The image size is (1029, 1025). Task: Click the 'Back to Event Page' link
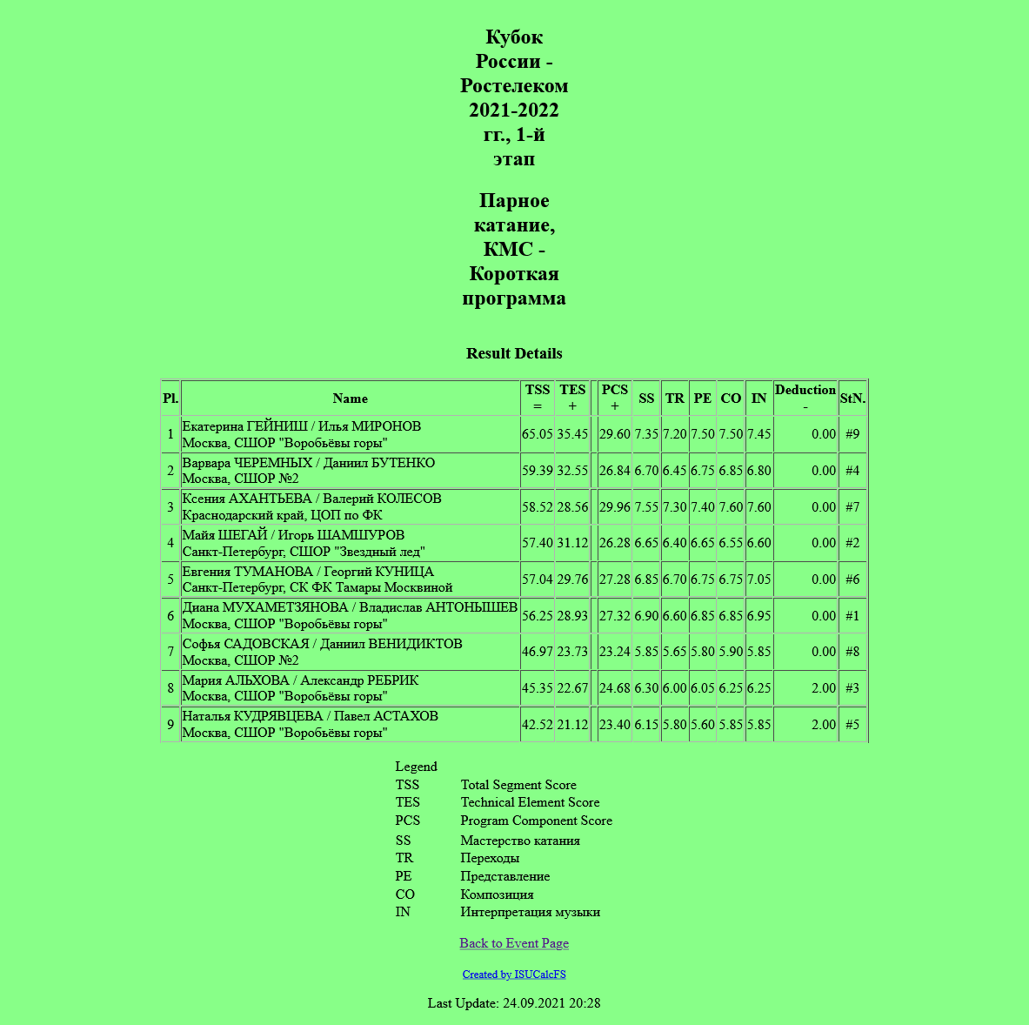click(x=514, y=943)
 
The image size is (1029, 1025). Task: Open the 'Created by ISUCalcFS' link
click(x=514, y=975)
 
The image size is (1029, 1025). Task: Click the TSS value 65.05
click(x=538, y=434)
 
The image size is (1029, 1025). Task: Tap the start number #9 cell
click(x=852, y=434)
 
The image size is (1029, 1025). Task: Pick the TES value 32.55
click(x=572, y=471)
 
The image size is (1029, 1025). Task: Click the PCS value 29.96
click(x=614, y=507)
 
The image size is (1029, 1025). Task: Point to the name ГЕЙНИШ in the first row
click(x=277, y=426)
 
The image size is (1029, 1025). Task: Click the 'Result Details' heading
click(x=514, y=353)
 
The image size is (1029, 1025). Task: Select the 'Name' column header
click(x=350, y=399)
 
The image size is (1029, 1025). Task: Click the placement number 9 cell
click(x=170, y=725)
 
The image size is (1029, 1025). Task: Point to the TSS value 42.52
click(x=538, y=725)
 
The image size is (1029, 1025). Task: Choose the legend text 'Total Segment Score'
click(x=518, y=785)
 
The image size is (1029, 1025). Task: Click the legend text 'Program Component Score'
click(x=536, y=821)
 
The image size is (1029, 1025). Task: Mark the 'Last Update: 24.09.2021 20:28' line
click(x=514, y=1003)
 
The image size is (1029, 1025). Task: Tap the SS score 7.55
click(x=646, y=507)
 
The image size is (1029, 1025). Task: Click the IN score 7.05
click(x=758, y=579)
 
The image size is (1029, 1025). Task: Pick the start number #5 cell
click(x=852, y=725)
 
